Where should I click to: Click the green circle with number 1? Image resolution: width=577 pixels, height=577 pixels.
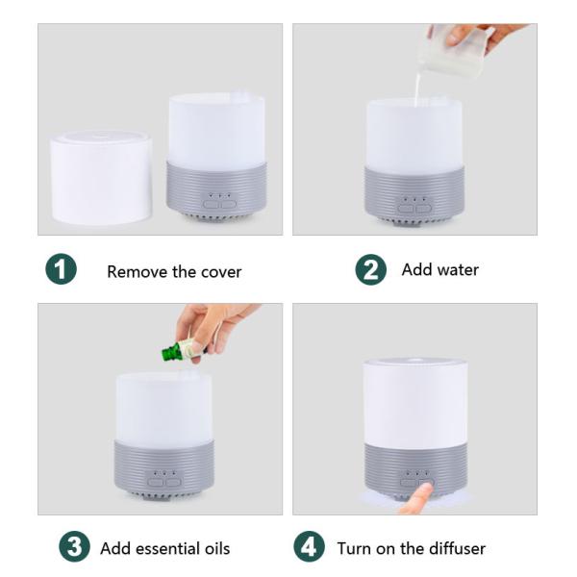tap(62, 269)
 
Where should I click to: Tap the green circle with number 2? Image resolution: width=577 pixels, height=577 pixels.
tap(370, 269)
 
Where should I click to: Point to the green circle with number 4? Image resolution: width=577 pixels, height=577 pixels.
tap(309, 548)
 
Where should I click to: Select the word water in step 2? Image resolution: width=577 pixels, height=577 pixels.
tap(457, 269)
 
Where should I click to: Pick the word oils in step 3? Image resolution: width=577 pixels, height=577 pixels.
tap(215, 549)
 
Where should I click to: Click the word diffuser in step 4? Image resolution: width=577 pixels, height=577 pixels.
tap(451, 549)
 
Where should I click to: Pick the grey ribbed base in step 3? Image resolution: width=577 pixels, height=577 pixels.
tap(163, 465)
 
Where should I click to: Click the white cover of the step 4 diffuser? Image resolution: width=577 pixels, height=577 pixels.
tap(414, 401)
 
